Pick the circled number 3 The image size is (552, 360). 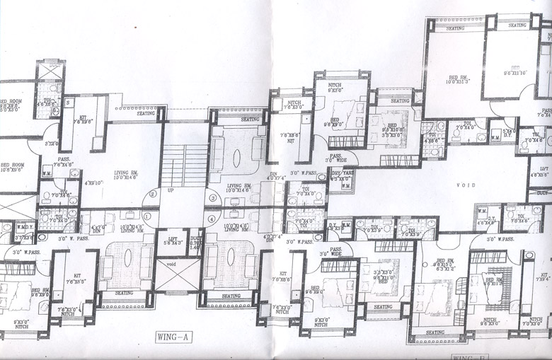212,197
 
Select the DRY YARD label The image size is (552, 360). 342,176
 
